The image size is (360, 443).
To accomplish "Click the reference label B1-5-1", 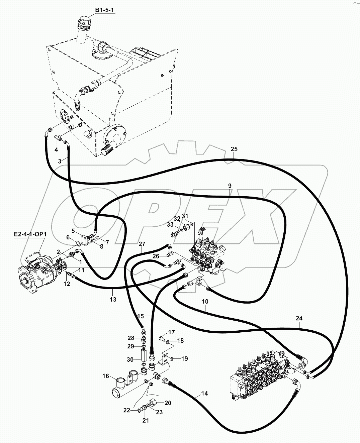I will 105,10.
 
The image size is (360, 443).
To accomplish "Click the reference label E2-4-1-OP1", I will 29,234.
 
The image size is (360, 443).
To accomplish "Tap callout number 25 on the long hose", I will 234,149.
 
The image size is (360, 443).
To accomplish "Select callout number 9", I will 230,186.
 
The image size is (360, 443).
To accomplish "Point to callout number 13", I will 113,299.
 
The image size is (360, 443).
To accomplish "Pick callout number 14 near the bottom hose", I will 204,394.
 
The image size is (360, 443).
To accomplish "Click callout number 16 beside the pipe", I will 105,376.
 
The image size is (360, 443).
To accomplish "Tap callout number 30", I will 130,359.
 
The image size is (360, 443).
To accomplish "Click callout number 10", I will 205,301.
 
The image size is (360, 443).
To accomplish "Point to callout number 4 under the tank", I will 56,149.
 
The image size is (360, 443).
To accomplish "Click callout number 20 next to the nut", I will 168,403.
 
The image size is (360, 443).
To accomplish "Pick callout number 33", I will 170,224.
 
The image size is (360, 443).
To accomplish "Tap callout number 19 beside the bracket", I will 184,359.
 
